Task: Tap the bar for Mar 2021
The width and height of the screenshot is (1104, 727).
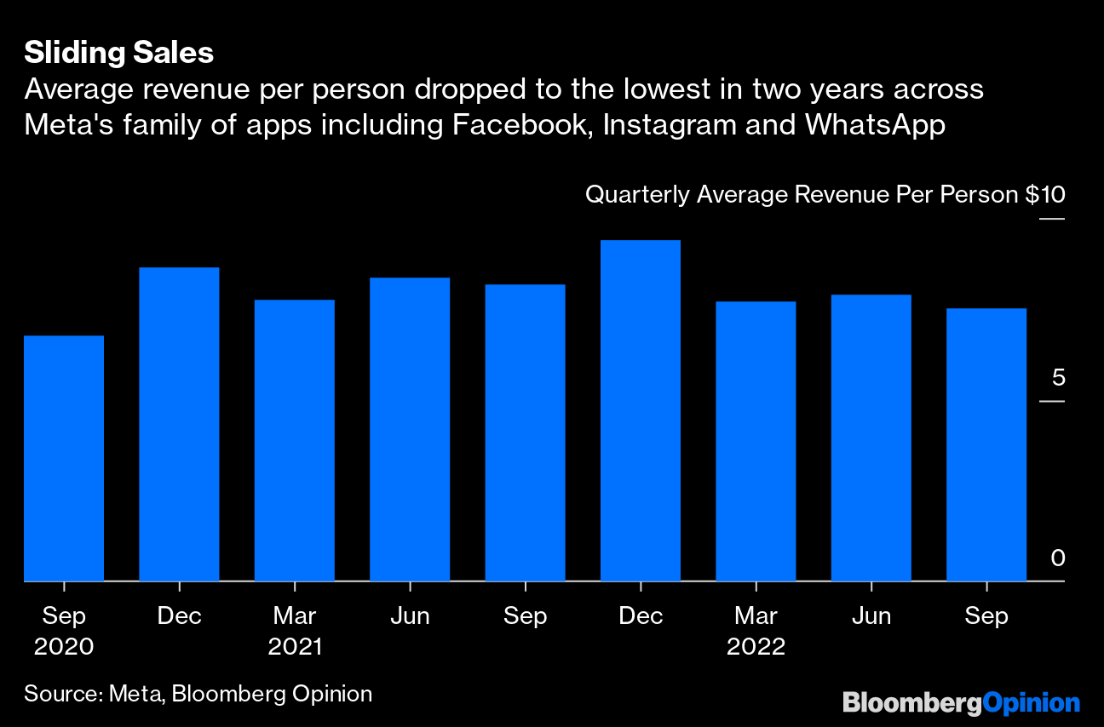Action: pyautogui.click(x=295, y=440)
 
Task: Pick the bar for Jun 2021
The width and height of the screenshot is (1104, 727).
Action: pyautogui.click(x=410, y=429)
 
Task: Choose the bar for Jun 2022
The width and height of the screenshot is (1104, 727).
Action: pyautogui.click(x=871, y=438)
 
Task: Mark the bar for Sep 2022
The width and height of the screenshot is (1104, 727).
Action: pyautogui.click(x=986, y=444)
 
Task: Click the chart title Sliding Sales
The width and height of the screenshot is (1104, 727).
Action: pyautogui.click(x=118, y=53)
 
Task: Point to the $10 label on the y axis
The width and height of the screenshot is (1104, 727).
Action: pyautogui.click(x=1044, y=195)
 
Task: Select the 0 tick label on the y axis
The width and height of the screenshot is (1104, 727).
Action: pyautogui.click(x=1057, y=558)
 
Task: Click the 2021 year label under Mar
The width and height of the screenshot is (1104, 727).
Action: pyautogui.click(x=295, y=647)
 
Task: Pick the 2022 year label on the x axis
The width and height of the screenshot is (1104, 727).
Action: pyautogui.click(x=756, y=647)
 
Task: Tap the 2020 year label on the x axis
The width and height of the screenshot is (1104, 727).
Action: pyautogui.click(x=64, y=647)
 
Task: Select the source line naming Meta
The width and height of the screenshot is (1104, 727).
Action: pyautogui.click(x=198, y=694)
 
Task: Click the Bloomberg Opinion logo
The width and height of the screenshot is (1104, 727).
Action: pyautogui.click(x=961, y=703)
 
